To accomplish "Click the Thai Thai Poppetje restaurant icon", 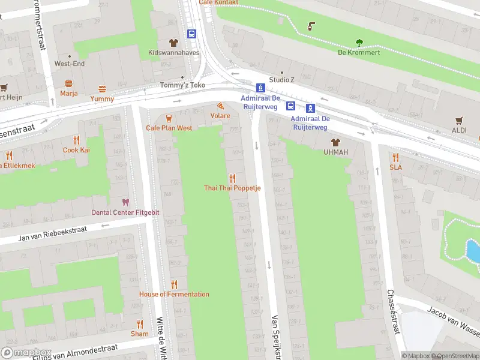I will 232,178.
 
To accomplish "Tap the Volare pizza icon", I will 220,105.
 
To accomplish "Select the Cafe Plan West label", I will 169,128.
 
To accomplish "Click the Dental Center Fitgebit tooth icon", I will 125,202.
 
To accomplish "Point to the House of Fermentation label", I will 174,294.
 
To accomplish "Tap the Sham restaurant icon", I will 140,323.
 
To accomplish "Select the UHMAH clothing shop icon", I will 335,142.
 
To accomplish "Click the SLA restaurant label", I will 395,167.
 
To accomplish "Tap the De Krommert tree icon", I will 359,42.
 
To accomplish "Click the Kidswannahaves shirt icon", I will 173,43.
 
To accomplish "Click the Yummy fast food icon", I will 102,88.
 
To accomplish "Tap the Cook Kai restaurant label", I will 76,150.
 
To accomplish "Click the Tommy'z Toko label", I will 182,85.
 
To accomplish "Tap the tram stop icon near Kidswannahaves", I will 191,34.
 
